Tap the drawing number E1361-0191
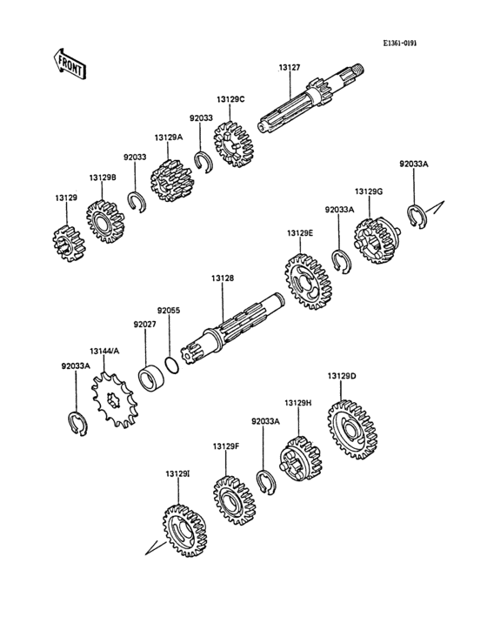click(x=400, y=43)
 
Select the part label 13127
click(x=290, y=67)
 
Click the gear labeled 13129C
click(x=233, y=144)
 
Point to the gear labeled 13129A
click(x=171, y=181)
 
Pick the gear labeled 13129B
click(x=105, y=222)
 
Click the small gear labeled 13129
click(x=70, y=244)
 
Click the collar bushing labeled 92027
click(x=152, y=378)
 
